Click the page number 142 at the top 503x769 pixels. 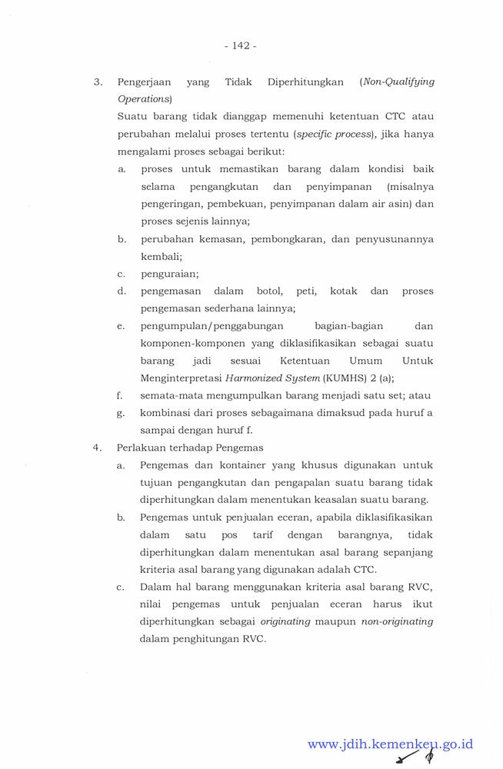(x=240, y=46)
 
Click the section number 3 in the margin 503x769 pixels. (x=97, y=81)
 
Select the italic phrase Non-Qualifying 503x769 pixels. (x=397, y=81)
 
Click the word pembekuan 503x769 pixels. (x=229, y=205)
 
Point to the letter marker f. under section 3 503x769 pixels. (x=120, y=395)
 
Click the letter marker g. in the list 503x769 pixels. (x=120, y=413)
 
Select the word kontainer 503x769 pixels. (x=232, y=464)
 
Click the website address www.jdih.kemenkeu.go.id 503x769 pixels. (x=390, y=744)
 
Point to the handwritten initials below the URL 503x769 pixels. (x=412, y=759)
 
